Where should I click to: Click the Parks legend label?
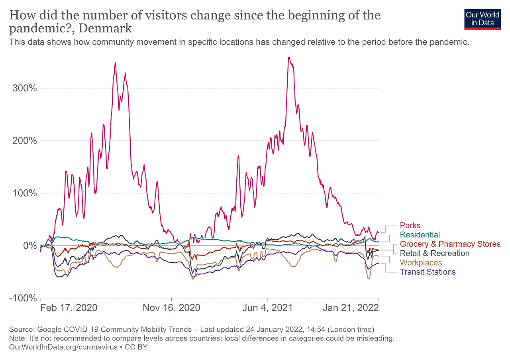coord(410,226)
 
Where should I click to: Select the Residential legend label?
coord(420,235)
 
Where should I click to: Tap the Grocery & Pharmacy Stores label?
coord(450,244)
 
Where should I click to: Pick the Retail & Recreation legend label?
coord(434,253)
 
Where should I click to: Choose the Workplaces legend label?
coord(421,263)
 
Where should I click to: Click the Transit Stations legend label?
coord(428,272)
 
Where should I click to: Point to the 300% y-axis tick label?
coord(25,88)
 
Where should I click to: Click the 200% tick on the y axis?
coord(25,141)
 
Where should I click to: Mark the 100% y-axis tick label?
coord(25,193)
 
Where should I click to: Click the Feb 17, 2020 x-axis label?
coord(69,308)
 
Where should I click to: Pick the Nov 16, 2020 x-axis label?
coord(172,308)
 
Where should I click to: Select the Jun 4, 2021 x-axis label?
coord(267,308)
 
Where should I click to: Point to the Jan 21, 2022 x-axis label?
coord(351,308)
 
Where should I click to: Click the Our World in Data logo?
coord(482,19)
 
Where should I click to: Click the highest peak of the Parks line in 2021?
coord(288,57)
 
